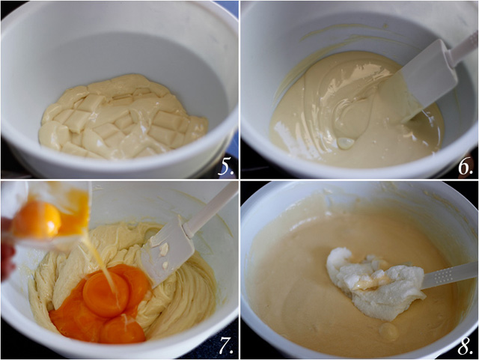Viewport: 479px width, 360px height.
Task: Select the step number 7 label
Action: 225,346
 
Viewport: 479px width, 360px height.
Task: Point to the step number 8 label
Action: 465,346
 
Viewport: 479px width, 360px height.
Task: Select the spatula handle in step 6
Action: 464,46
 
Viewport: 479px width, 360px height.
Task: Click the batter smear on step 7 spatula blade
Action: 161,251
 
